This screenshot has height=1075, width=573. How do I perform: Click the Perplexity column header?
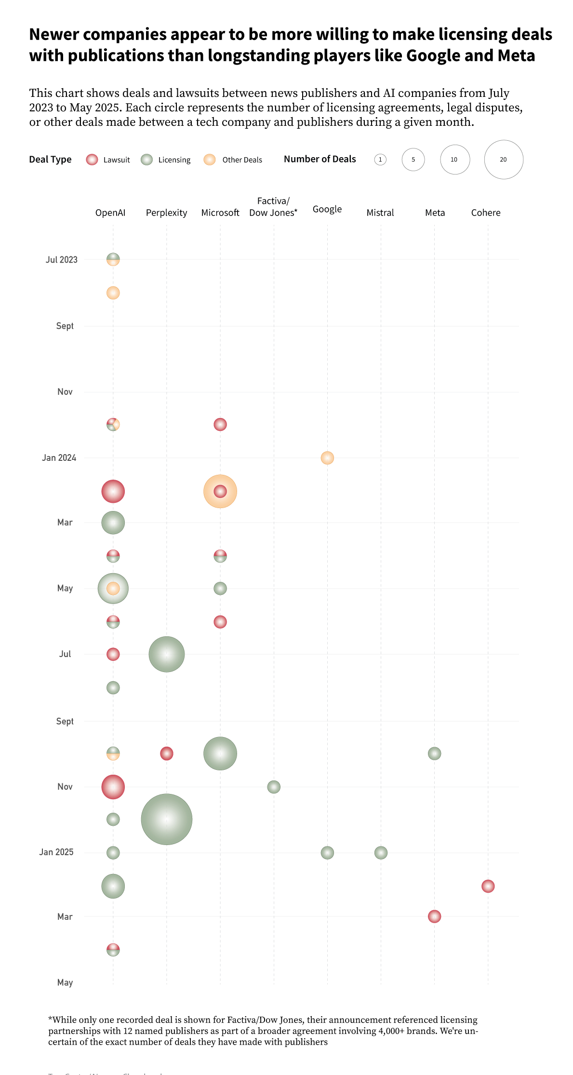coord(166,213)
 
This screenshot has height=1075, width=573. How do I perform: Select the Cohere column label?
coord(485,213)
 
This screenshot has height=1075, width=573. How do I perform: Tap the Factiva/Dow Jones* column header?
coord(273,207)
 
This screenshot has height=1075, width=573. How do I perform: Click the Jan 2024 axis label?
coord(59,457)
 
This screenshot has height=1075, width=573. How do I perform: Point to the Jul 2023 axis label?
coord(61,259)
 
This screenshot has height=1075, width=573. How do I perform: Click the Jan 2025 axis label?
coord(56,852)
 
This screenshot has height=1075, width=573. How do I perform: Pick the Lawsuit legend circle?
coord(92,160)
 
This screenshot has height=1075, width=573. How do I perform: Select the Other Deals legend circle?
coord(210,160)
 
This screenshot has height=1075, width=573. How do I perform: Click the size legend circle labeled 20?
coord(504,160)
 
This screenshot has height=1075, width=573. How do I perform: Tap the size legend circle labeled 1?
coord(380,160)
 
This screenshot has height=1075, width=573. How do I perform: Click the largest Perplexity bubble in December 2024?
coord(167,819)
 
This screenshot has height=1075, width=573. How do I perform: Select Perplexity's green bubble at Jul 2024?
coord(167,654)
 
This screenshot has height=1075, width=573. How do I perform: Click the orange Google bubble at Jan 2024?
coord(327,457)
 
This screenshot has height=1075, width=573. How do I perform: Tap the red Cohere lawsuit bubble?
coord(488,886)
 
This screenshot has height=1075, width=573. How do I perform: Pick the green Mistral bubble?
coord(381,852)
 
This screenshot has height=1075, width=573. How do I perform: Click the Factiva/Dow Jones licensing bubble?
coord(274,787)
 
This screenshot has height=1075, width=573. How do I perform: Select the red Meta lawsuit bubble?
coord(434,916)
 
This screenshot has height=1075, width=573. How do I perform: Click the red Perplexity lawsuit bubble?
coord(167,753)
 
